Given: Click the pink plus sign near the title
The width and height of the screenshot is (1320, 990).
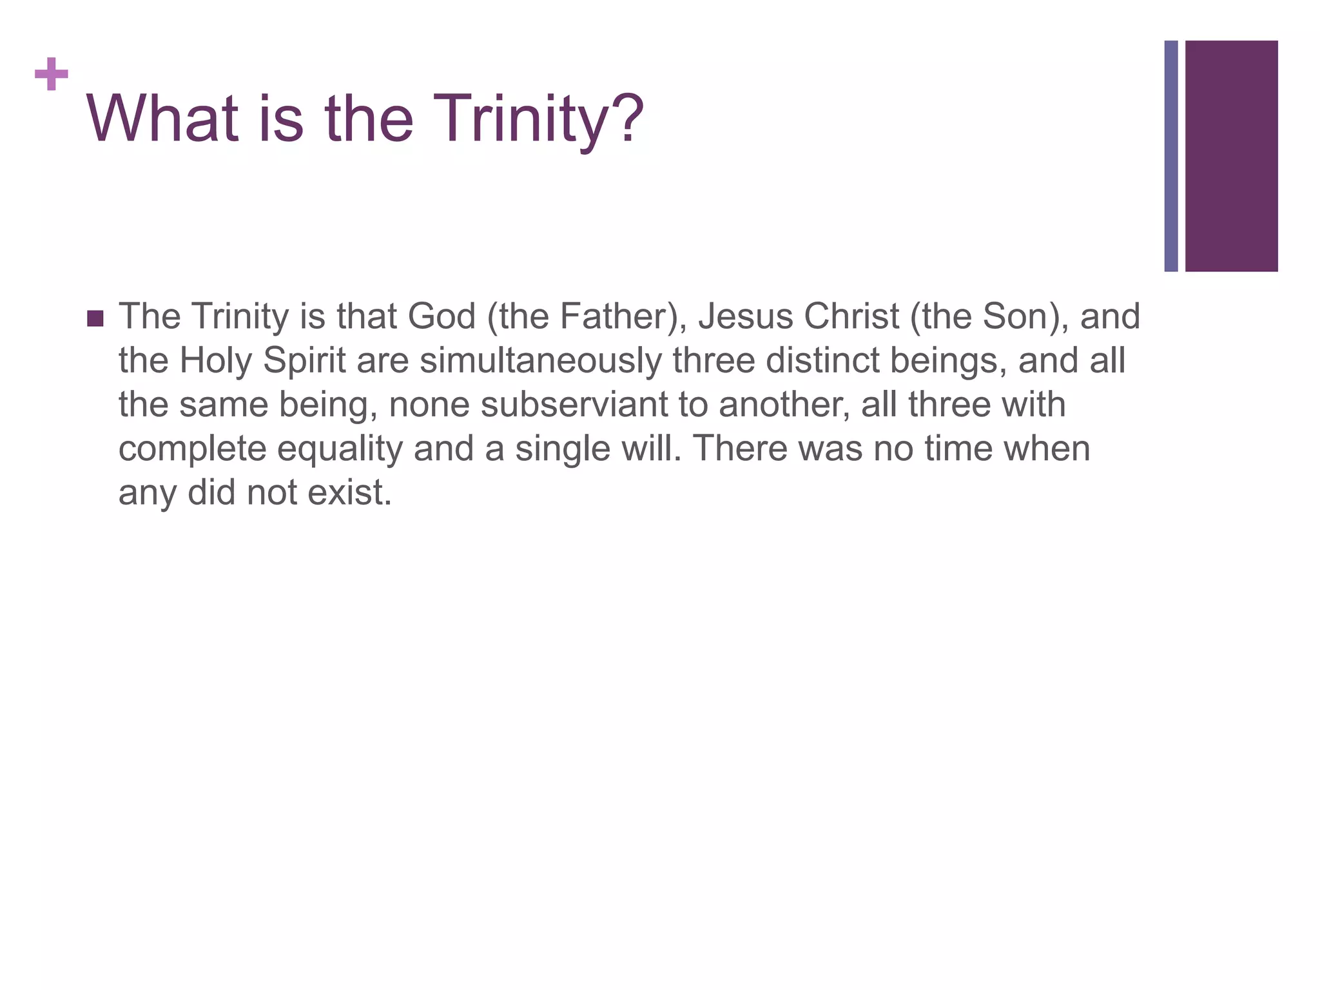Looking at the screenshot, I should [52, 75].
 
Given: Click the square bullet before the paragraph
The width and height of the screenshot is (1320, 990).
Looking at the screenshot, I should [95, 318].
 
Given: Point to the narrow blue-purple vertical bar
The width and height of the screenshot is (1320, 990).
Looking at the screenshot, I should [1171, 156].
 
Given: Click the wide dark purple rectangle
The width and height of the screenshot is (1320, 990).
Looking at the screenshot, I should [1231, 156].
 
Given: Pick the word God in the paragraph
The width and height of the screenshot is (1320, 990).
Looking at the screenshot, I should [442, 316].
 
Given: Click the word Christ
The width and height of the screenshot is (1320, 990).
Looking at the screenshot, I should [851, 316].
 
